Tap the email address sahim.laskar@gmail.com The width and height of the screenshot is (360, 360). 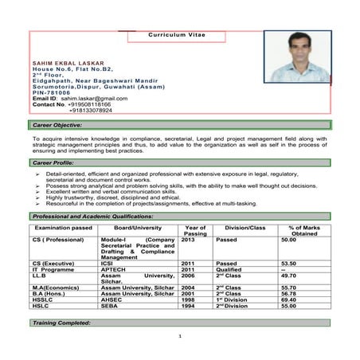click(88, 98)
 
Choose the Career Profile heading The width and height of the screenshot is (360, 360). click(52, 162)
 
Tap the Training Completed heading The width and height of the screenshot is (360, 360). click(61, 323)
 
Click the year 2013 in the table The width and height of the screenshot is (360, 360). click(189, 239)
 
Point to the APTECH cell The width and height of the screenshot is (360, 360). click(113, 269)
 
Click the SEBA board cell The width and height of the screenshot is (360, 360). click(109, 306)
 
